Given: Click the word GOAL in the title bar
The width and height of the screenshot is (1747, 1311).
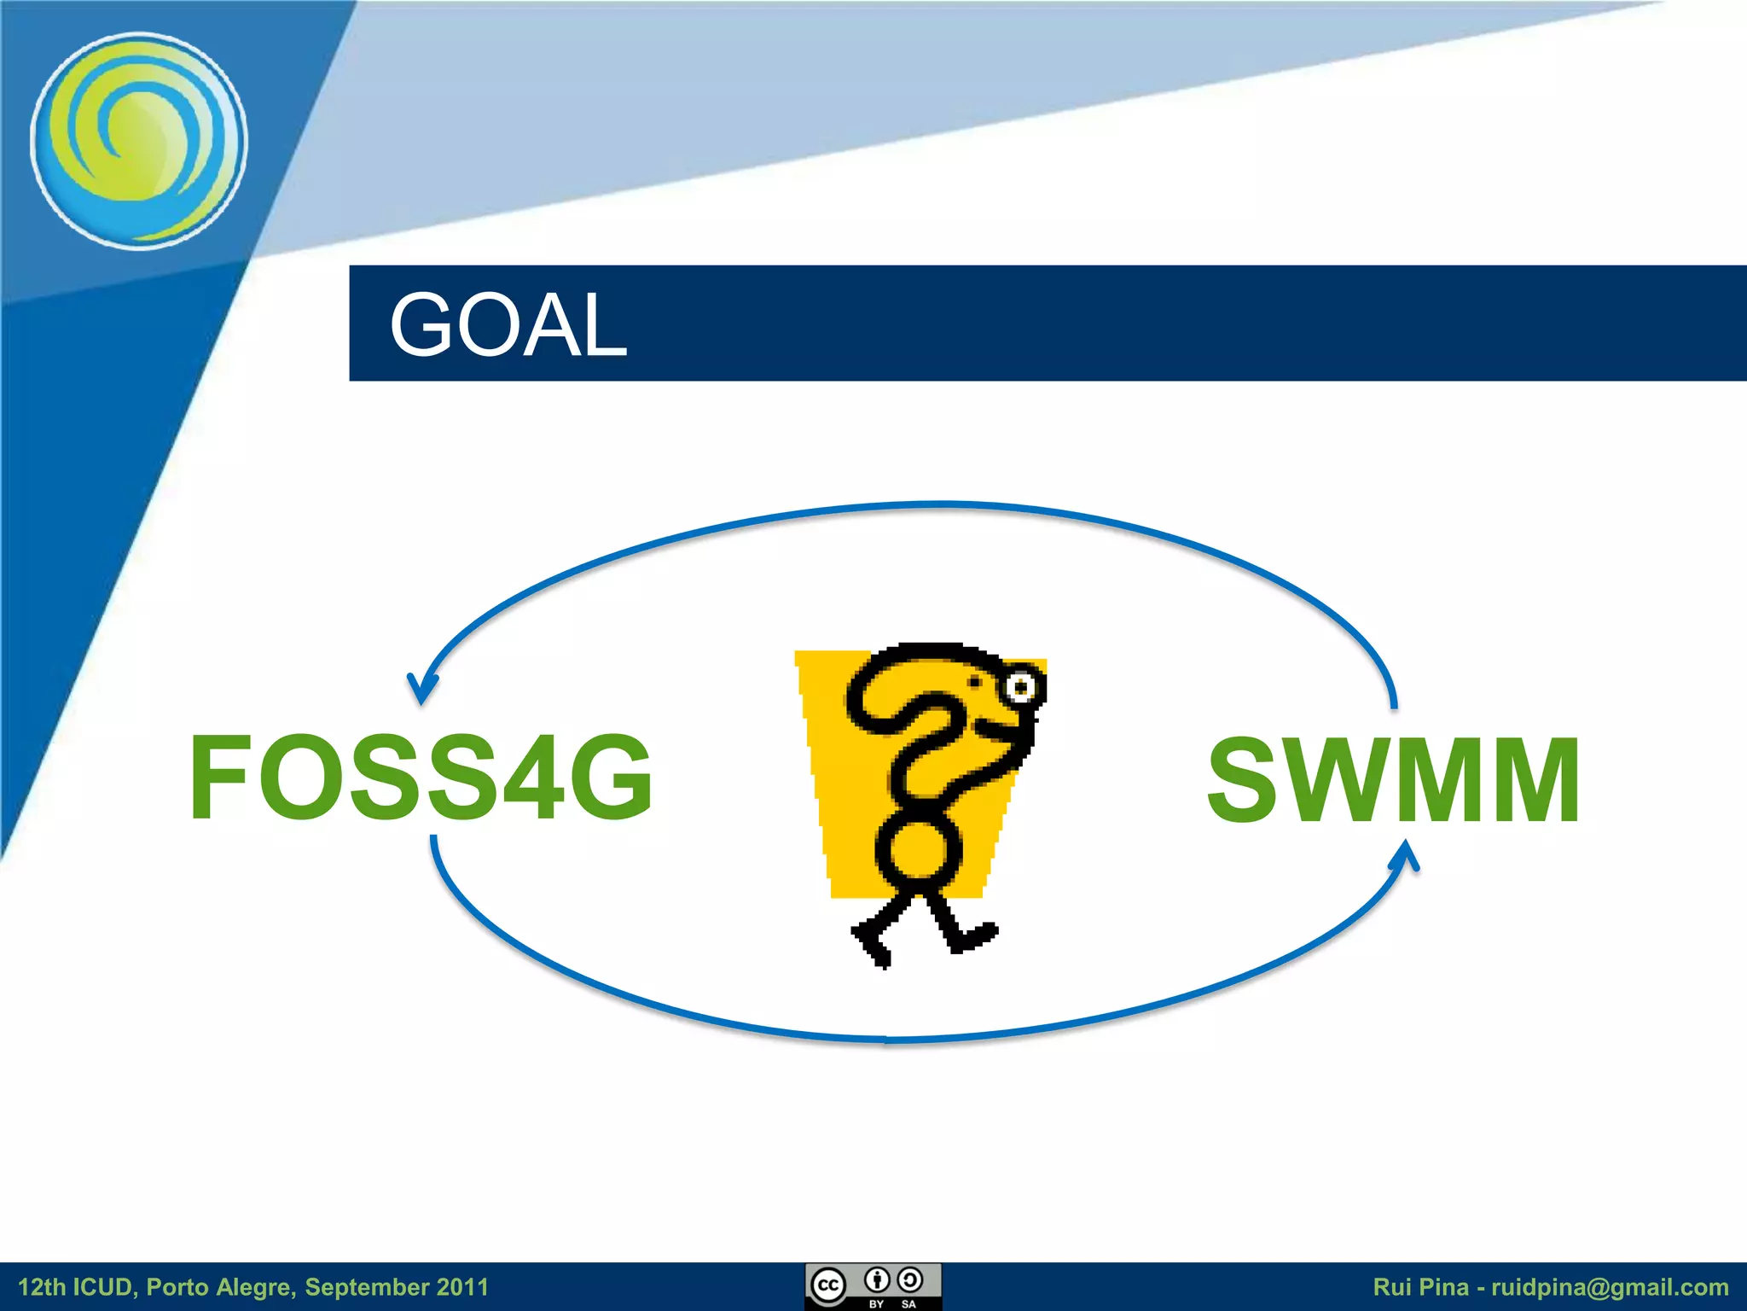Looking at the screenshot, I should pos(508,324).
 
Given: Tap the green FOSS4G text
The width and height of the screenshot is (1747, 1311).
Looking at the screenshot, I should pos(421,778).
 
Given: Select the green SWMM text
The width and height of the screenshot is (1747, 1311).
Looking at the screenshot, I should pos(1395,781).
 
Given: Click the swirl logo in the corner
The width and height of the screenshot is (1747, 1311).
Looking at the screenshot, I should pos(139,141).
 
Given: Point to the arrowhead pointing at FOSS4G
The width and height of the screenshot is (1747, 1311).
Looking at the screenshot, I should pos(421,690).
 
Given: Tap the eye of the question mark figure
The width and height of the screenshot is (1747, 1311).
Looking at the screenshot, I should pos(1021,687).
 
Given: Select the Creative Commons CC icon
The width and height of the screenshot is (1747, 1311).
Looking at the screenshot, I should pos(827,1285).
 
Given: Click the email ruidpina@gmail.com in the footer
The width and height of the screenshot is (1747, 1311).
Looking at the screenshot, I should pos(1610,1287).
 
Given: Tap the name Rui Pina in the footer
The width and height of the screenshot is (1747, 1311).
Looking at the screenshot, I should pos(1421,1287).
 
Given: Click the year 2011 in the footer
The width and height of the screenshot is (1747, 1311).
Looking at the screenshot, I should pos(462,1287).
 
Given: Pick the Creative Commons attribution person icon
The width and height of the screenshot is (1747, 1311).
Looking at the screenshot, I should pos(877,1279).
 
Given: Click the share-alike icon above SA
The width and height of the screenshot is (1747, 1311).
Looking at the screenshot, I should pos(910,1279).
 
